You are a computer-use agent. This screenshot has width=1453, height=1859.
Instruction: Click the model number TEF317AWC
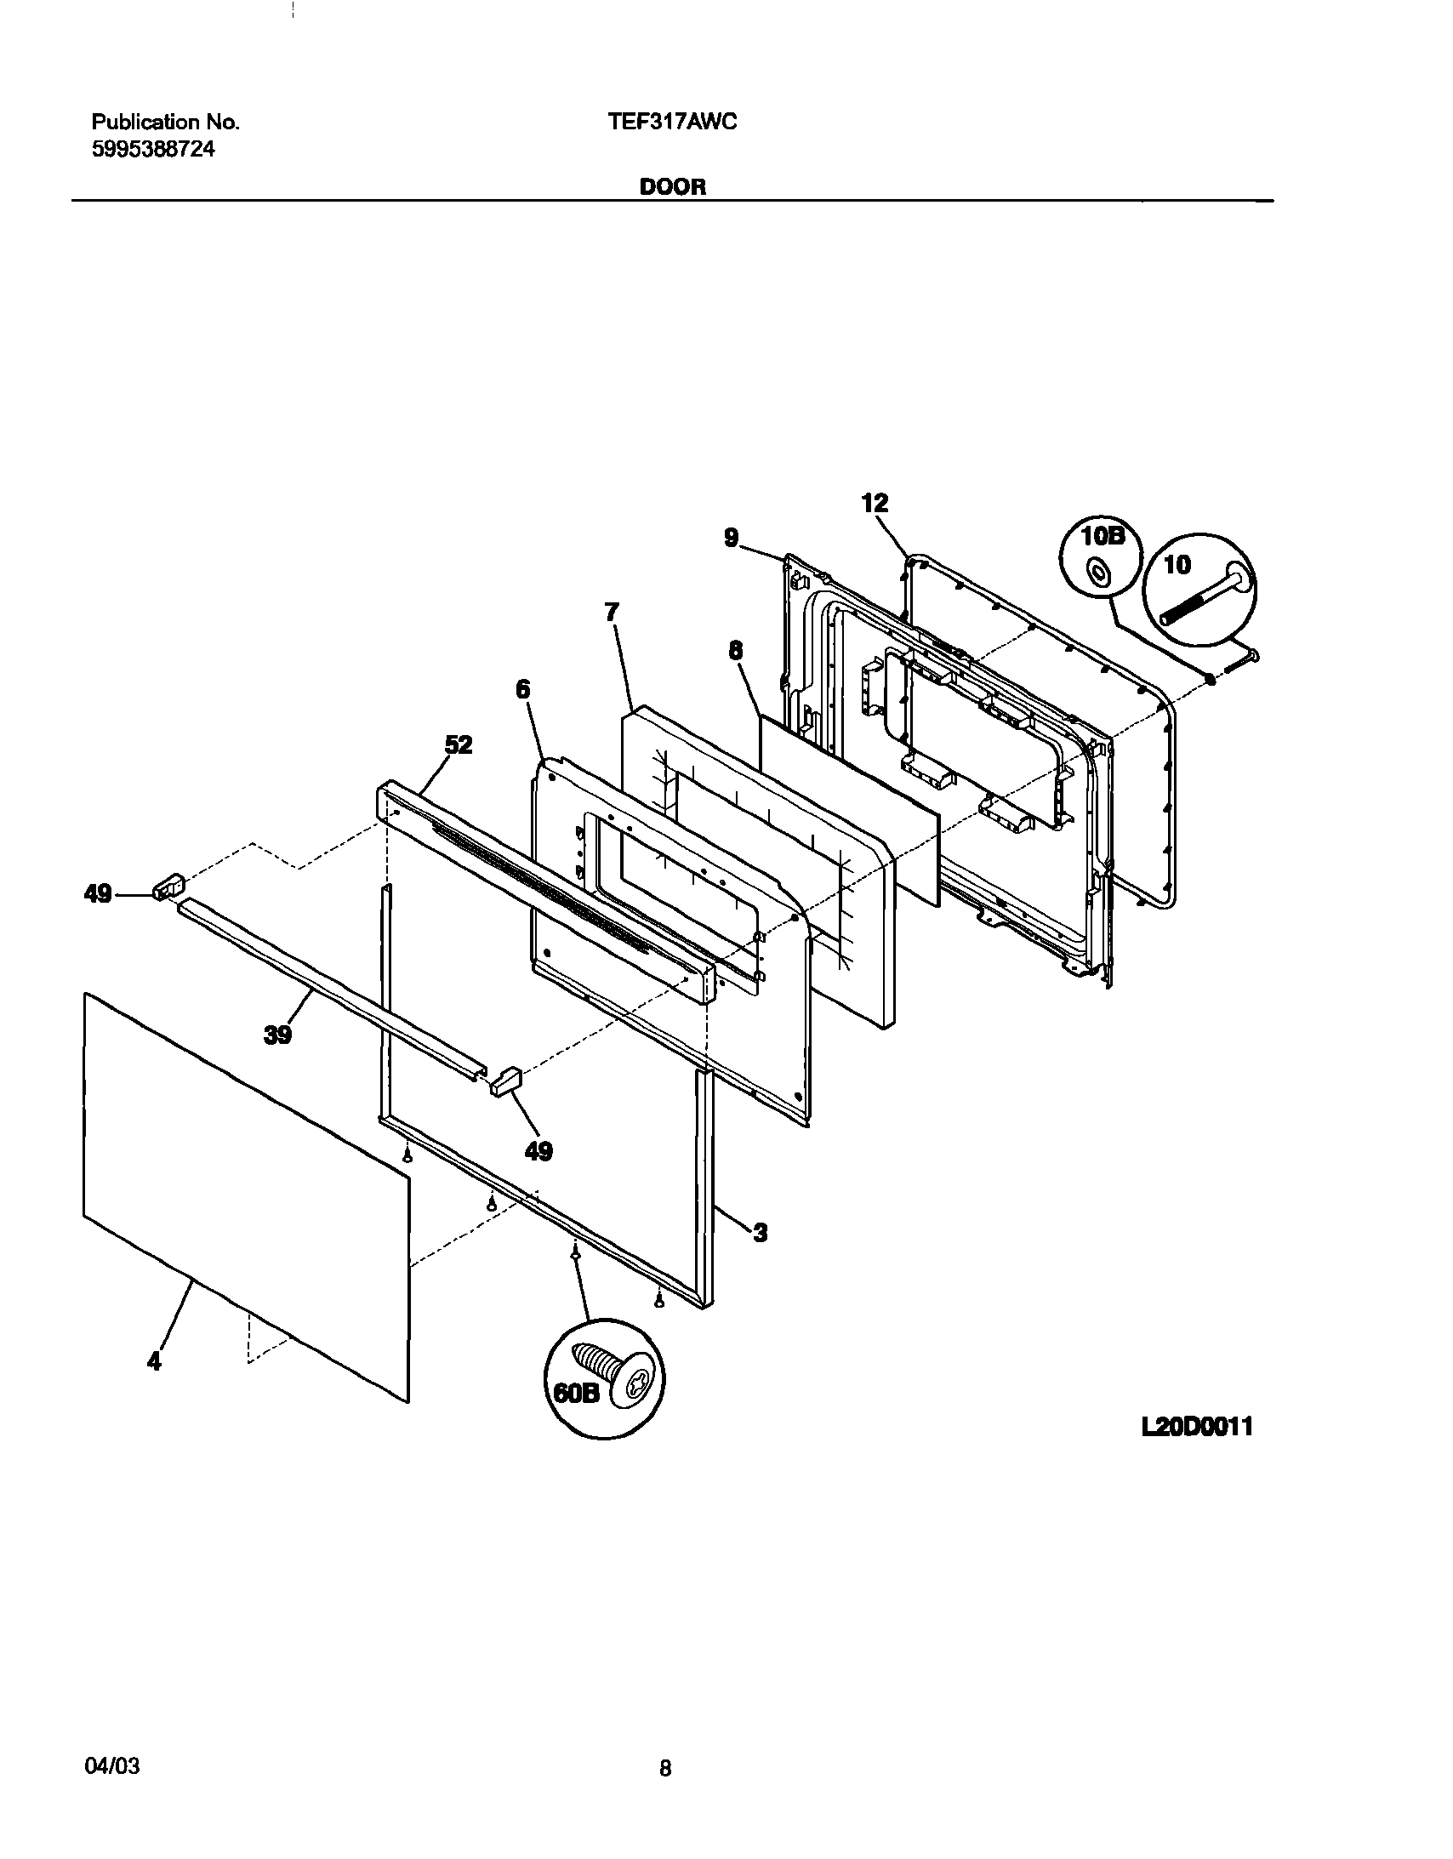(x=672, y=123)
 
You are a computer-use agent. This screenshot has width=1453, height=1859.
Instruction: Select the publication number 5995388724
(x=153, y=150)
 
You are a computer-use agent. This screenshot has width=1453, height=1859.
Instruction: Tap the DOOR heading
(x=672, y=188)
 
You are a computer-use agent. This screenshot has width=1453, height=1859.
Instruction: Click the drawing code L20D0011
(x=1197, y=1428)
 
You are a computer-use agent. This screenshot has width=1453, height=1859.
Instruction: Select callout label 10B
(x=1102, y=537)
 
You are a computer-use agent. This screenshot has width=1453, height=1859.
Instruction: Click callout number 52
(x=459, y=745)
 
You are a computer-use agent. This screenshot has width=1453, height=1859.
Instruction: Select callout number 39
(x=278, y=1035)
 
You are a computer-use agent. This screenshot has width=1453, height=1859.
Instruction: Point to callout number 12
(x=875, y=503)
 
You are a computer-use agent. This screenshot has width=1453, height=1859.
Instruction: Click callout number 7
(x=612, y=612)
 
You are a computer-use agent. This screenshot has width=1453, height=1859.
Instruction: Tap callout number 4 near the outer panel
(x=153, y=1362)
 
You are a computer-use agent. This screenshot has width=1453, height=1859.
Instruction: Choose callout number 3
(x=761, y=1232)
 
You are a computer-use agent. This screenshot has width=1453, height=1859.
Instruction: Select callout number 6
(x=522, y=689)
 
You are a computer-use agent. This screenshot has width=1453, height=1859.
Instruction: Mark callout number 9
(x=732, y=538)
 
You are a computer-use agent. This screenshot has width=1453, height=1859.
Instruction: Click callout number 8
(x=735, y=651)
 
